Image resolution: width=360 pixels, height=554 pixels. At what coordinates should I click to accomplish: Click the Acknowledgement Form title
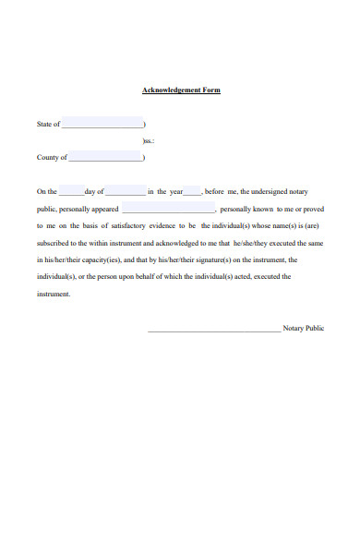tap(181, 90)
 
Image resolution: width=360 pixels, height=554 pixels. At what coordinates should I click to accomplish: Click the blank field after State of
tap(102, 124)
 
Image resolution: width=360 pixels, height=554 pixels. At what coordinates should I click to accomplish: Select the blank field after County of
tap(106, 158)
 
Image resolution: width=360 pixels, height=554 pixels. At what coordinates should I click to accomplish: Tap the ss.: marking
tap(149, 140)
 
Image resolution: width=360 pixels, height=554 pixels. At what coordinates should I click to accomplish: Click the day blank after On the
tap(71, 191)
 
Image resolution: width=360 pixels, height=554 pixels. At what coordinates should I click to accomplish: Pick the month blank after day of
tap(126, 191)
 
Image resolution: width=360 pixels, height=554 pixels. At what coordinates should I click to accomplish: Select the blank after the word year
tap(192, 191)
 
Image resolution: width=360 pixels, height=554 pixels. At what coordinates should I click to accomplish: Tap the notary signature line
tap(214, 329)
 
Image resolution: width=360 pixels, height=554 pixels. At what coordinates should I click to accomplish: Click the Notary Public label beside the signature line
tap(304, 329)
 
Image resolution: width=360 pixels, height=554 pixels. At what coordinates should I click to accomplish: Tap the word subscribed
tap(56, 242)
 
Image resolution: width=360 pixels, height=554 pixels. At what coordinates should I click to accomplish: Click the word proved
tap(313, 209)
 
